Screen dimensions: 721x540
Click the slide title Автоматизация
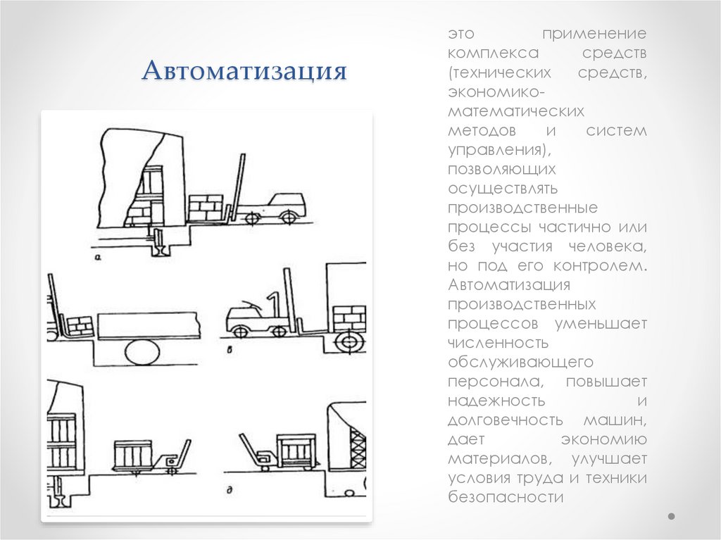click(x=245, y=72)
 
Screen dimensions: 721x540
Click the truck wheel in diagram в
click(x=347, y=342)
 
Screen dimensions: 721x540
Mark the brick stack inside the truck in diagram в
click(x=349, y=318)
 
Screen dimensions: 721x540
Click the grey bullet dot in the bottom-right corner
click(x=671, y=516)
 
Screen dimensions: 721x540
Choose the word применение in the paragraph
click(x=594, y=34)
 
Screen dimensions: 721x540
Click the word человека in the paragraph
click(x=612, y=247)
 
